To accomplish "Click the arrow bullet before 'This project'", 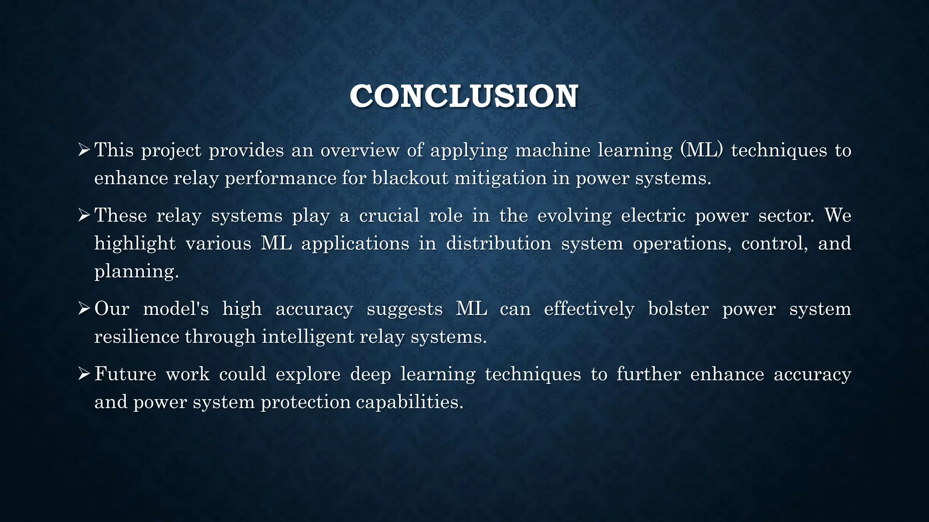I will tap(84, 150).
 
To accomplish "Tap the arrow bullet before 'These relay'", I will tap(84, 215).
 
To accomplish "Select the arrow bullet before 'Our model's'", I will tap(84, 309).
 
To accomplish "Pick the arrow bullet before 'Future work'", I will tap(84, 374).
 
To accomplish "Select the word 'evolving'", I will tap(574, 216).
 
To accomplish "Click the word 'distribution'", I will tap(499, 243).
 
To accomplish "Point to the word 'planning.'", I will tap(137, 272).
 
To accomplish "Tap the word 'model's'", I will tap(176, 309).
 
